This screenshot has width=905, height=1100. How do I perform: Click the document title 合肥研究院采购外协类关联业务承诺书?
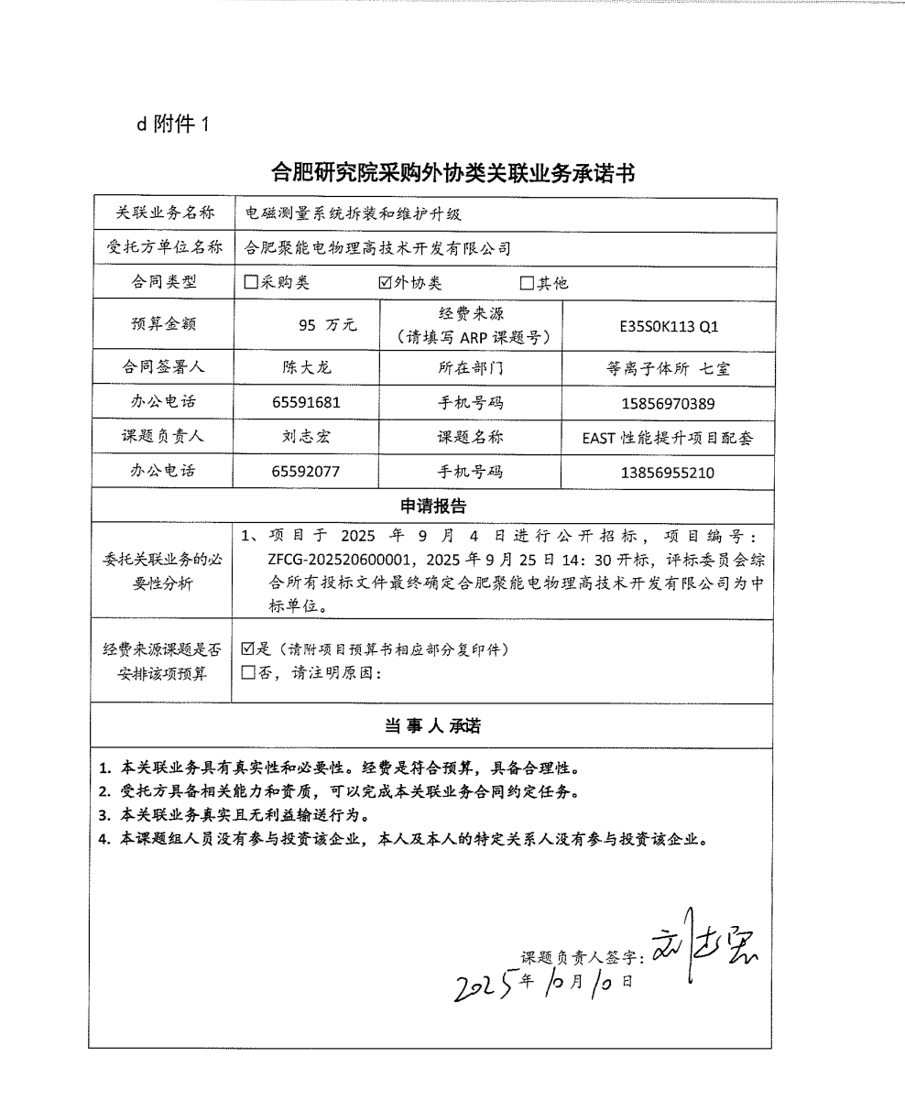453,173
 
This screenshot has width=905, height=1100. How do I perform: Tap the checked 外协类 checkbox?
385,283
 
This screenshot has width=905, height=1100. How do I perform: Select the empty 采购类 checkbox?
251,283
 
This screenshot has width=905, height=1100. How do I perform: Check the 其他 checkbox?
527,283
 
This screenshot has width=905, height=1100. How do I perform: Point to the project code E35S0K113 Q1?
669,325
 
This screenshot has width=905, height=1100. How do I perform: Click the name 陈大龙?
306,367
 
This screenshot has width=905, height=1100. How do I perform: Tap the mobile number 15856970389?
669,403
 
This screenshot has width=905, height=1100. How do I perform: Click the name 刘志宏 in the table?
306,437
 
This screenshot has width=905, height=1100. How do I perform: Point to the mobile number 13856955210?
669,473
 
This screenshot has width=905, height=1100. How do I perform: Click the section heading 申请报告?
433,506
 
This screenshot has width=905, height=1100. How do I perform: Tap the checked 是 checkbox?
247,649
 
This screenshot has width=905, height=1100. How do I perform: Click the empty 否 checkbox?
247,673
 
